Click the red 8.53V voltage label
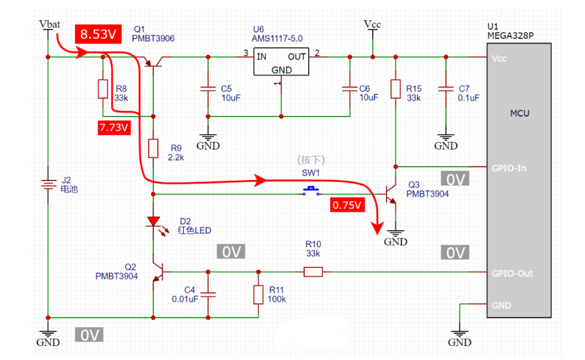[98, 34]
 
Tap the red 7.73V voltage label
[114, 127]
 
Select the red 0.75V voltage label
[348, 205]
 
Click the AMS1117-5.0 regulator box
[281, 61]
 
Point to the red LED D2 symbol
[153, 222]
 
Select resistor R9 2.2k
[153, 149]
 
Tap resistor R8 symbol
[103, 89]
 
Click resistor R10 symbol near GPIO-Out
[312, 272]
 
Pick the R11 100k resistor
[258, 294]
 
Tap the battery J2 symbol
[48, 184]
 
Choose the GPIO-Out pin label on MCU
[511, 273]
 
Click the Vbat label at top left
[49, 24]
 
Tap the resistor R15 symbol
[395, 89]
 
